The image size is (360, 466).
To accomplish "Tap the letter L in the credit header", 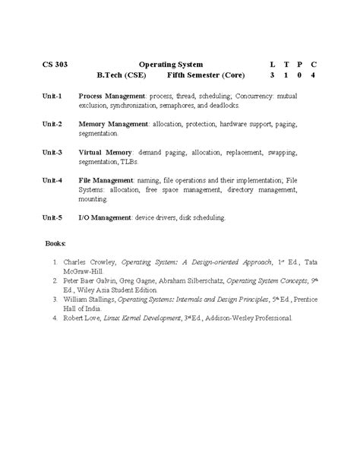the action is click(x=272, y=65).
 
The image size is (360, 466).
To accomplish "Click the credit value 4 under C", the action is click(x=314, y=77).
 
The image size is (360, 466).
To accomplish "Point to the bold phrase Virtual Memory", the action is click(x=106, y=152).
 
